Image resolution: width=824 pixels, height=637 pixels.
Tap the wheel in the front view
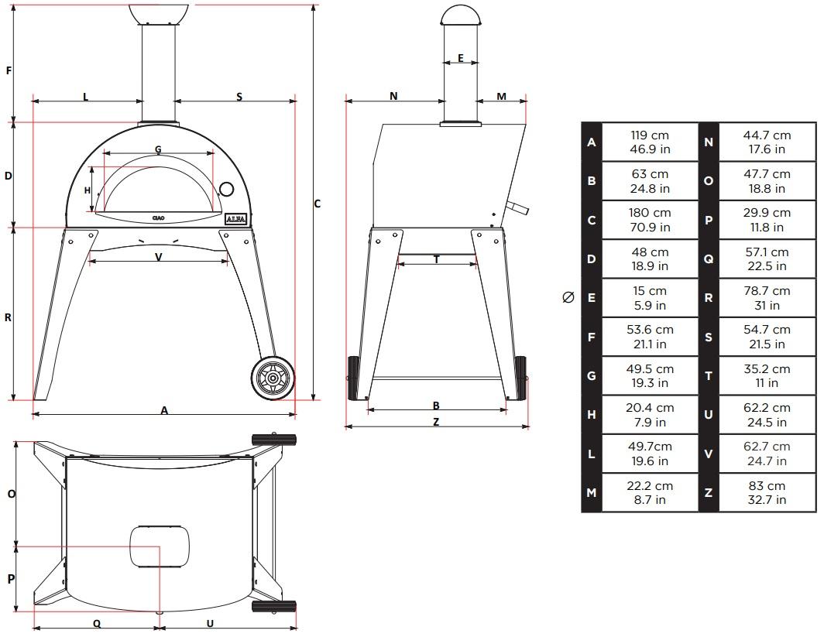(x=273, y=378)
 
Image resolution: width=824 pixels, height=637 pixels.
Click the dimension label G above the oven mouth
(x=158, y=149)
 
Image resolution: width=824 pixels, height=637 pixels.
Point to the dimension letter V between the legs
(x=158, y=257)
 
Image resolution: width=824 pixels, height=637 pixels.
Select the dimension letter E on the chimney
(x=461, y=58)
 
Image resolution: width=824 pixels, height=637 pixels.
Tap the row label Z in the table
(x=709, y=492)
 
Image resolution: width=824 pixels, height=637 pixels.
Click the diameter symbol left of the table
(x=568, y=298)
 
